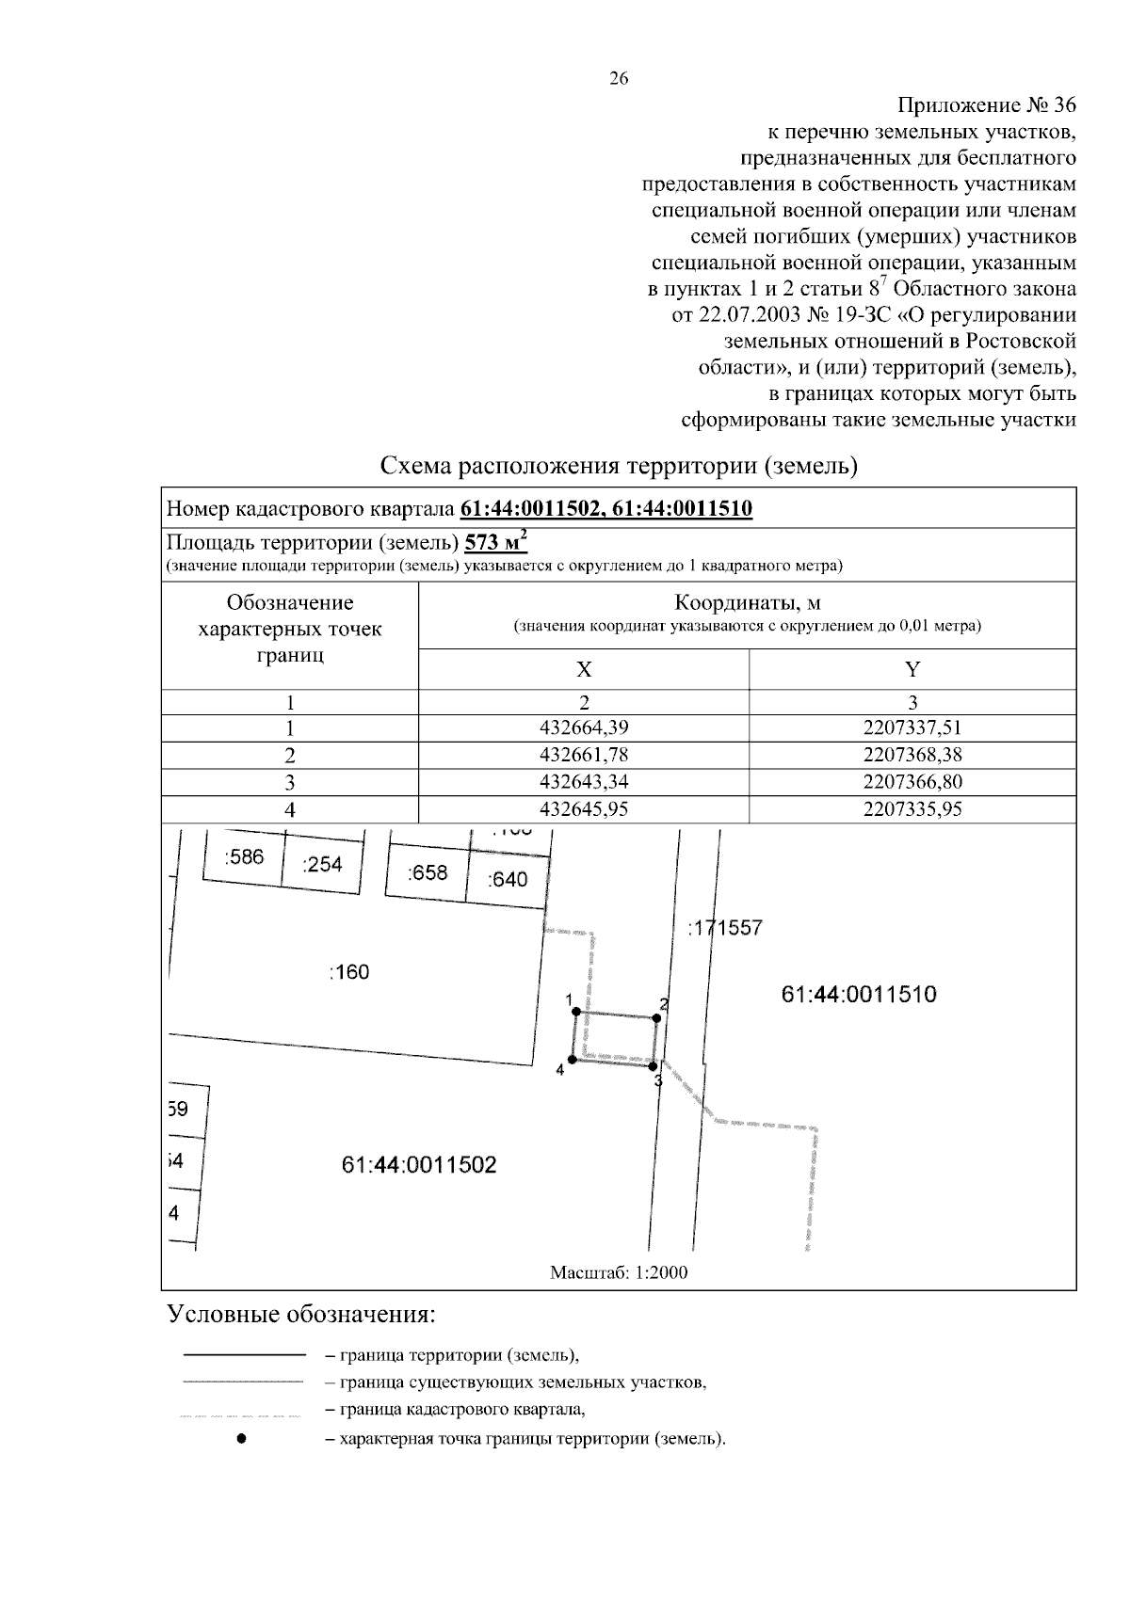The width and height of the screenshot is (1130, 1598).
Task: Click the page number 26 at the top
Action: [619, 79]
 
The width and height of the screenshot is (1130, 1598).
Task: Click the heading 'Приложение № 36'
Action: [987, 104]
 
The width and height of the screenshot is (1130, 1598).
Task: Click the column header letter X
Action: [584, 669]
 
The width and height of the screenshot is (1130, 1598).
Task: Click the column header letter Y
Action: [912, 669]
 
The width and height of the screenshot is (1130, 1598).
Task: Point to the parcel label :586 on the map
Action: [245, 857]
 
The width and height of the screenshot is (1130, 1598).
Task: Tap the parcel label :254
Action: [322, 864]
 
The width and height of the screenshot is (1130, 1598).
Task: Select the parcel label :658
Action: [428, 872]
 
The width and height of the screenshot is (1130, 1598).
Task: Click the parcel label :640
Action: [508, 880]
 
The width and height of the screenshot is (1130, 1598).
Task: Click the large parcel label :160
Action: [349, 972]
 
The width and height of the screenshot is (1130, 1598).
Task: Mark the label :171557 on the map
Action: [725, 928]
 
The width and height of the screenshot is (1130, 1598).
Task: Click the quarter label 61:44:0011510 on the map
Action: [859, 995]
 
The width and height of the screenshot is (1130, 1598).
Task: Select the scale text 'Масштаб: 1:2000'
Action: [619, 1272]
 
